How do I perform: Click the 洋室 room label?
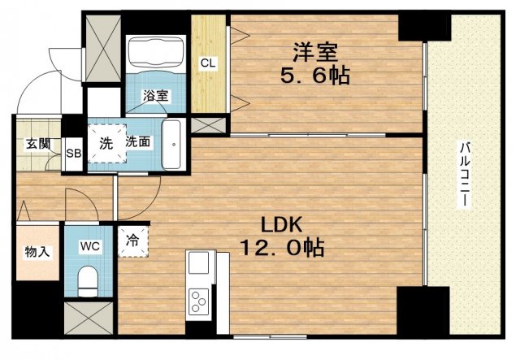(314, 53)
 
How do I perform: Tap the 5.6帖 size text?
(314, 76)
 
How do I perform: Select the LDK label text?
(282, 225)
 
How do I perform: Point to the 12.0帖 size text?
(282, 248)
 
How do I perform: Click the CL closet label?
(208, 63)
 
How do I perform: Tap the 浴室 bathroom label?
(155, 96)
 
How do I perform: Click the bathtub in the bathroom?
(156, 52)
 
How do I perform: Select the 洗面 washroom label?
(138, 142)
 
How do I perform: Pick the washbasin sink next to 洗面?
(171, 145)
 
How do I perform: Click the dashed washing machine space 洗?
(106, 144)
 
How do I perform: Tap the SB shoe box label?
(74, 154)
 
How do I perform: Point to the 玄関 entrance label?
(38, 144)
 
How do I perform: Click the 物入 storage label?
(37, 253)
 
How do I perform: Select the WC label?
(90, 246)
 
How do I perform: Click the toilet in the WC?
(88, 281)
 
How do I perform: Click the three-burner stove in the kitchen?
(198, 301)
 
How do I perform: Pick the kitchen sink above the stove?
(198, 262)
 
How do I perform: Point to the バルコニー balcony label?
(465, 175)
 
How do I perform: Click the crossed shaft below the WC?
(89, 319)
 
